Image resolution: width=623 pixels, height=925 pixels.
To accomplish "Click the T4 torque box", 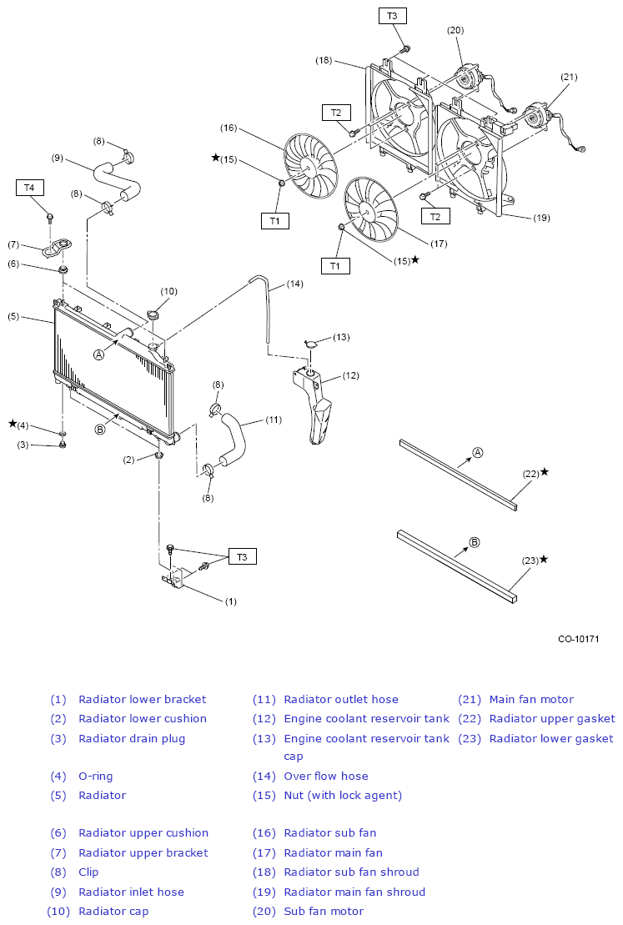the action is click(29, 188).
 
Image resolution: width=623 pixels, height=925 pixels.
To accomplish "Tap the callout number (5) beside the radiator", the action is click(13, 317).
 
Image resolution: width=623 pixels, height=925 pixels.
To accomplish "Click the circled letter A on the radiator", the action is click(99, 354).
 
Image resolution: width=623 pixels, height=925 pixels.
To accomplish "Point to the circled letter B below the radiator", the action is click(100, 430).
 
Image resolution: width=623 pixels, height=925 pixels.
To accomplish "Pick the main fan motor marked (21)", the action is click(537, 115).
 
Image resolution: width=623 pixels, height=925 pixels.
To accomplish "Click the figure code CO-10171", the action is click(579, 639).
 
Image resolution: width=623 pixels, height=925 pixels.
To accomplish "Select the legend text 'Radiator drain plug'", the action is click(132, 739).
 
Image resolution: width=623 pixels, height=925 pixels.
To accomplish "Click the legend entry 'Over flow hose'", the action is click(325, 776).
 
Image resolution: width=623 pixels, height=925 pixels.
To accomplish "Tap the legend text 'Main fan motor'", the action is click(531, 699).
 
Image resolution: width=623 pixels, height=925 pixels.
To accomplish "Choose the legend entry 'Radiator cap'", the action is click(113, 912).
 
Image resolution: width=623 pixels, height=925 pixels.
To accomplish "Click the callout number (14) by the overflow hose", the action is click(295, 284).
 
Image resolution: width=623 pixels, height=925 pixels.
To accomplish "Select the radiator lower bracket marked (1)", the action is click(174, 577).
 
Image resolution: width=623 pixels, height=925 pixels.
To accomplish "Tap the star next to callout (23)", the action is click(544, 559).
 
